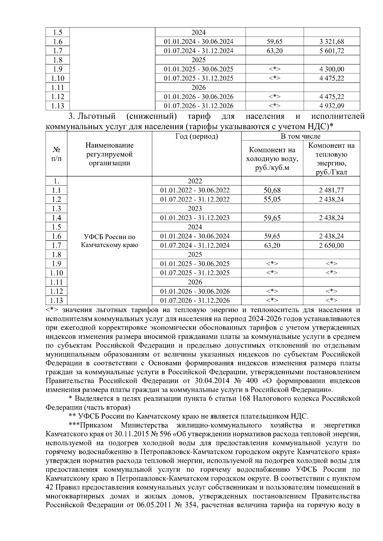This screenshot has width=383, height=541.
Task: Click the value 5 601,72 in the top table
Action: [332, 51]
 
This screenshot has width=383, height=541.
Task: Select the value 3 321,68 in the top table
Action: [332, 41]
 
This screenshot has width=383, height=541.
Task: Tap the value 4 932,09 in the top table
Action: [332, 106]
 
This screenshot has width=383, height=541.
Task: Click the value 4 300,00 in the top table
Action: [332, 69]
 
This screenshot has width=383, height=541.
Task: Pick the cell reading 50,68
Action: [272, 190]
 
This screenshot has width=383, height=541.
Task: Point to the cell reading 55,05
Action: [272, 200]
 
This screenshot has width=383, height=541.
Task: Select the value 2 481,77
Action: [331, 190]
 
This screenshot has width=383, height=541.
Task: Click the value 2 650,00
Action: [331, 245]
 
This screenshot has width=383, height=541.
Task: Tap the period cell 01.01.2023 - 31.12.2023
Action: [195, 218]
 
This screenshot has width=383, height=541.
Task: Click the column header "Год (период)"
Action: [197, 136]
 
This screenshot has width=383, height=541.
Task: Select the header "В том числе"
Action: [300, 136]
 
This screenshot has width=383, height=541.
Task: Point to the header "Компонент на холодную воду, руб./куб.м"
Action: [272, 159]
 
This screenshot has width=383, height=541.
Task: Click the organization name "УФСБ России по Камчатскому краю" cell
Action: [109, 241]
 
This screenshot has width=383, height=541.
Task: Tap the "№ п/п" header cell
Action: [56, 154]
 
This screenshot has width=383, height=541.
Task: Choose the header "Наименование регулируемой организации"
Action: [109, 154]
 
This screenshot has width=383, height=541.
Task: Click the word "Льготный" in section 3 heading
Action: [97, 116]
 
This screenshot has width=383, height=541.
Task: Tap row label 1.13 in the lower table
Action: [56, 301]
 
